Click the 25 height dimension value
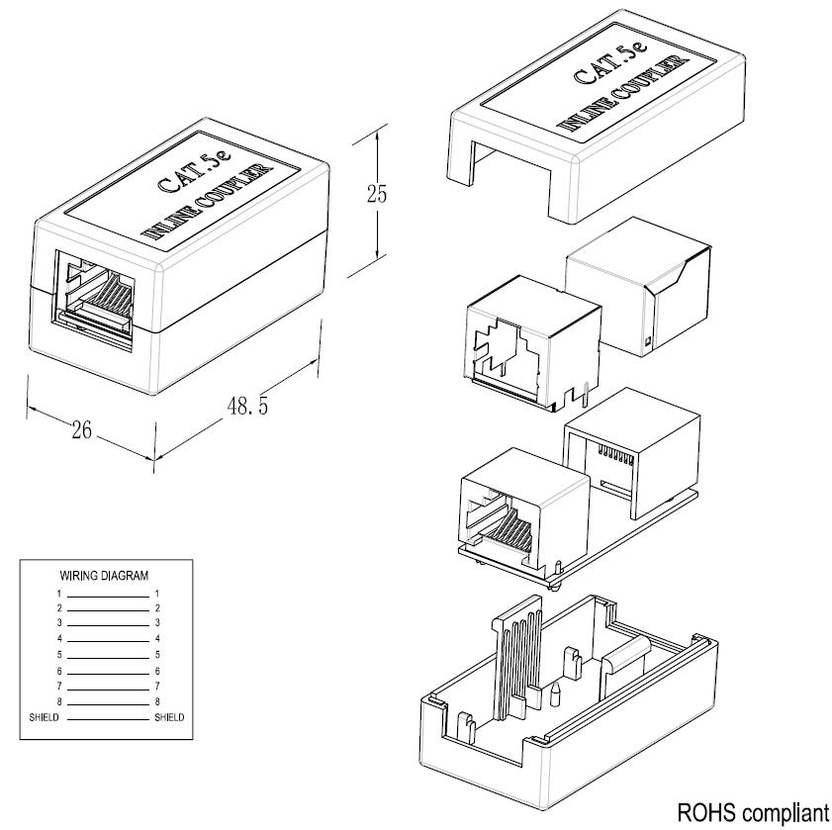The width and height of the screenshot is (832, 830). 377,193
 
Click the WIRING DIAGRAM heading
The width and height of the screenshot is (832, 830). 105,575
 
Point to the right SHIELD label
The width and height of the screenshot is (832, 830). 169,717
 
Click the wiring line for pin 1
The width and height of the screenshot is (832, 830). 107,594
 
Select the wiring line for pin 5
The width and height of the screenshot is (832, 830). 107,656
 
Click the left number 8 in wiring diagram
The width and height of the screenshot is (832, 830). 59,701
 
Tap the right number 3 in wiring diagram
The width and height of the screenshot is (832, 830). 157,623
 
